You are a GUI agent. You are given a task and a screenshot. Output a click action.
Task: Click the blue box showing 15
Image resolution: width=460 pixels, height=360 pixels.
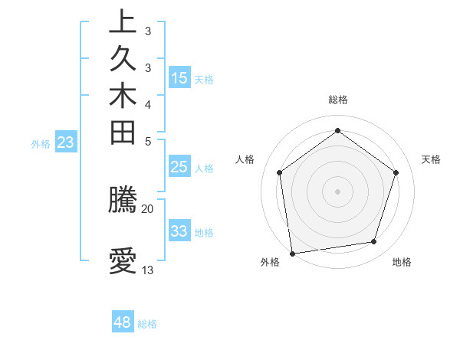point(179,77)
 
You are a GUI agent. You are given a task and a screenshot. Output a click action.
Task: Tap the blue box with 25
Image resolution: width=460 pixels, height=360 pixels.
point(179,167)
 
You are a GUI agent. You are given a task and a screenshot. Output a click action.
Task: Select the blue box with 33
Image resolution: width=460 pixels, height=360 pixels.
point(179,231)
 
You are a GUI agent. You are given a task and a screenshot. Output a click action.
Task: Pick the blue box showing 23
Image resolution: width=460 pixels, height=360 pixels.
point(66,142)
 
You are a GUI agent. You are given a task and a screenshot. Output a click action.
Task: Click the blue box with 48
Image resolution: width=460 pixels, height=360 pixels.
point(123,322)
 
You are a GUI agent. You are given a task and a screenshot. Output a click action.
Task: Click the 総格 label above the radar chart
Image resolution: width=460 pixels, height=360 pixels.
point(337,100)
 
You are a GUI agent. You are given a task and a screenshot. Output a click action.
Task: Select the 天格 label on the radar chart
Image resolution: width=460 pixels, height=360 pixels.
point(431,159)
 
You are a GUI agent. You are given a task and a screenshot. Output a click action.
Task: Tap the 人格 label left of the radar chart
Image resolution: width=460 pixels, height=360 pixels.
point(245,159)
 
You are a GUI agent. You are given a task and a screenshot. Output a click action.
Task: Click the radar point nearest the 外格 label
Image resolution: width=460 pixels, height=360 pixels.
point(292,253)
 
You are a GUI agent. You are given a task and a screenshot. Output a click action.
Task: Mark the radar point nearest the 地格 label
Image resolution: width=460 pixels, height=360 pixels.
point(373,242)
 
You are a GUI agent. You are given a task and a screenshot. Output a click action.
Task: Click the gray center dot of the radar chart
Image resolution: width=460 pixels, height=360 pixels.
point(337,191)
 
